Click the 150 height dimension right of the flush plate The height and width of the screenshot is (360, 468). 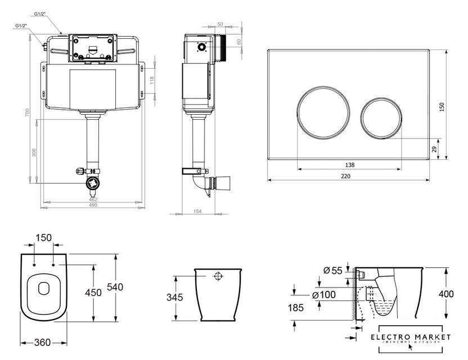(x=442, y=106)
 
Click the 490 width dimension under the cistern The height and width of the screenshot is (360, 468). (x=93, y=205)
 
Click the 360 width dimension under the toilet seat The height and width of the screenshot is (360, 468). (x=43, y=341)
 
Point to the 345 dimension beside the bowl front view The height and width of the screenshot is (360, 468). (x=175, y=298)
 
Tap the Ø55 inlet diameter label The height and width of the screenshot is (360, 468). (x=334, y=271)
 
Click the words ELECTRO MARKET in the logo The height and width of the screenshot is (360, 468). (x=415, y=336)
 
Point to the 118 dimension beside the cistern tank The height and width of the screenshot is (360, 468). (x=151, y=80)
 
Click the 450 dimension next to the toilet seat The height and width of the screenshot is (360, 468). (x=93, y=292)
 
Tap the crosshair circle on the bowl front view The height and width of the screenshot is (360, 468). (x=218, y=277)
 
